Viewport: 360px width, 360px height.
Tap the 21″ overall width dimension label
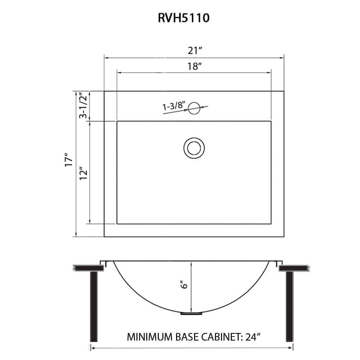(194, 51)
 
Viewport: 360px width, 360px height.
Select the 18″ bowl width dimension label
(194, 67)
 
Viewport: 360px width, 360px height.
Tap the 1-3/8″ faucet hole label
(174, 106)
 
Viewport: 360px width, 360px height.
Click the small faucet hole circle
(194, 108)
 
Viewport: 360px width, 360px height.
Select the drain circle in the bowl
(194, 147)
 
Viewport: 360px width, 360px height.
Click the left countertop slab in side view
(86, 268)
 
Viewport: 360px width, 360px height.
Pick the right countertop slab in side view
(293, 268)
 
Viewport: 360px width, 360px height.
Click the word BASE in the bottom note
(186, 338)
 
